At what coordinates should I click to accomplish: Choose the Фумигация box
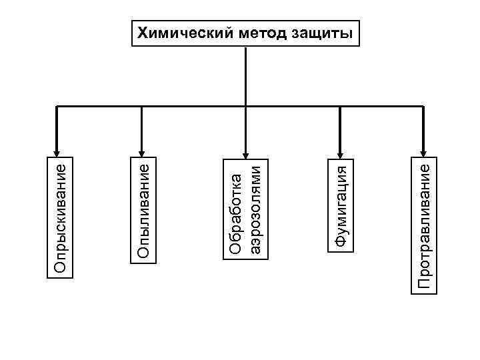[x=341, y=205]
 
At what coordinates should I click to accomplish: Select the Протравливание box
[x=424, y=223]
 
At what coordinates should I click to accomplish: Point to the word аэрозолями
[x=252, y=206]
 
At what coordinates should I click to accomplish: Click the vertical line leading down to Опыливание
[x=142, y=127]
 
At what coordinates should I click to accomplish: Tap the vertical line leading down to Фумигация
[x=340, y=127]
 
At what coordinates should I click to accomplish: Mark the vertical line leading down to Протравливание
[x=424, y=127]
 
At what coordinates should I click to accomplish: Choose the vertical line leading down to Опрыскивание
[x=57, y=127]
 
